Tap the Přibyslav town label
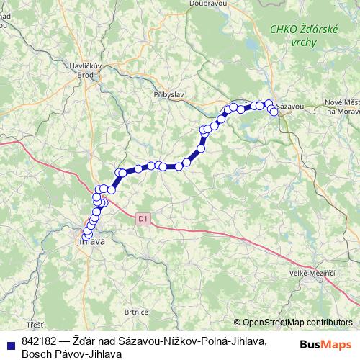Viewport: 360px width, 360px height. click(169, 94)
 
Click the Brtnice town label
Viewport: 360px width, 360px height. click(136, 312)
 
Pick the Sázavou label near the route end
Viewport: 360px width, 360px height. click(290, 107)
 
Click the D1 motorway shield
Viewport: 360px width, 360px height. click(143, 216)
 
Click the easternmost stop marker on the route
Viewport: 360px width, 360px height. click(274, 112)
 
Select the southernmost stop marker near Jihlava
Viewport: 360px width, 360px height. click(87, 235)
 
